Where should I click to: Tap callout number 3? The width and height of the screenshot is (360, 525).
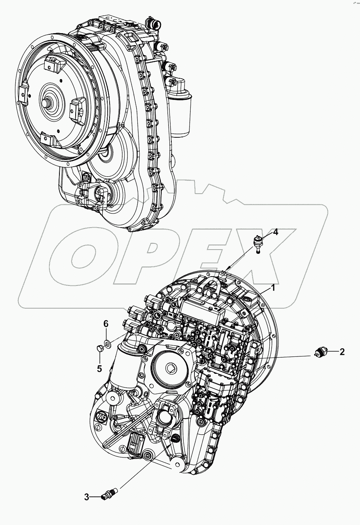point(87,497)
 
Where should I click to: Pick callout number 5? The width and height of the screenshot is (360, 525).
point(99,368)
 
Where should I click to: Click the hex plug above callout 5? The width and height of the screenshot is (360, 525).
point(98,349)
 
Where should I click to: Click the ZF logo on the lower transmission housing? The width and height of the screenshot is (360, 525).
point(101,418)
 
